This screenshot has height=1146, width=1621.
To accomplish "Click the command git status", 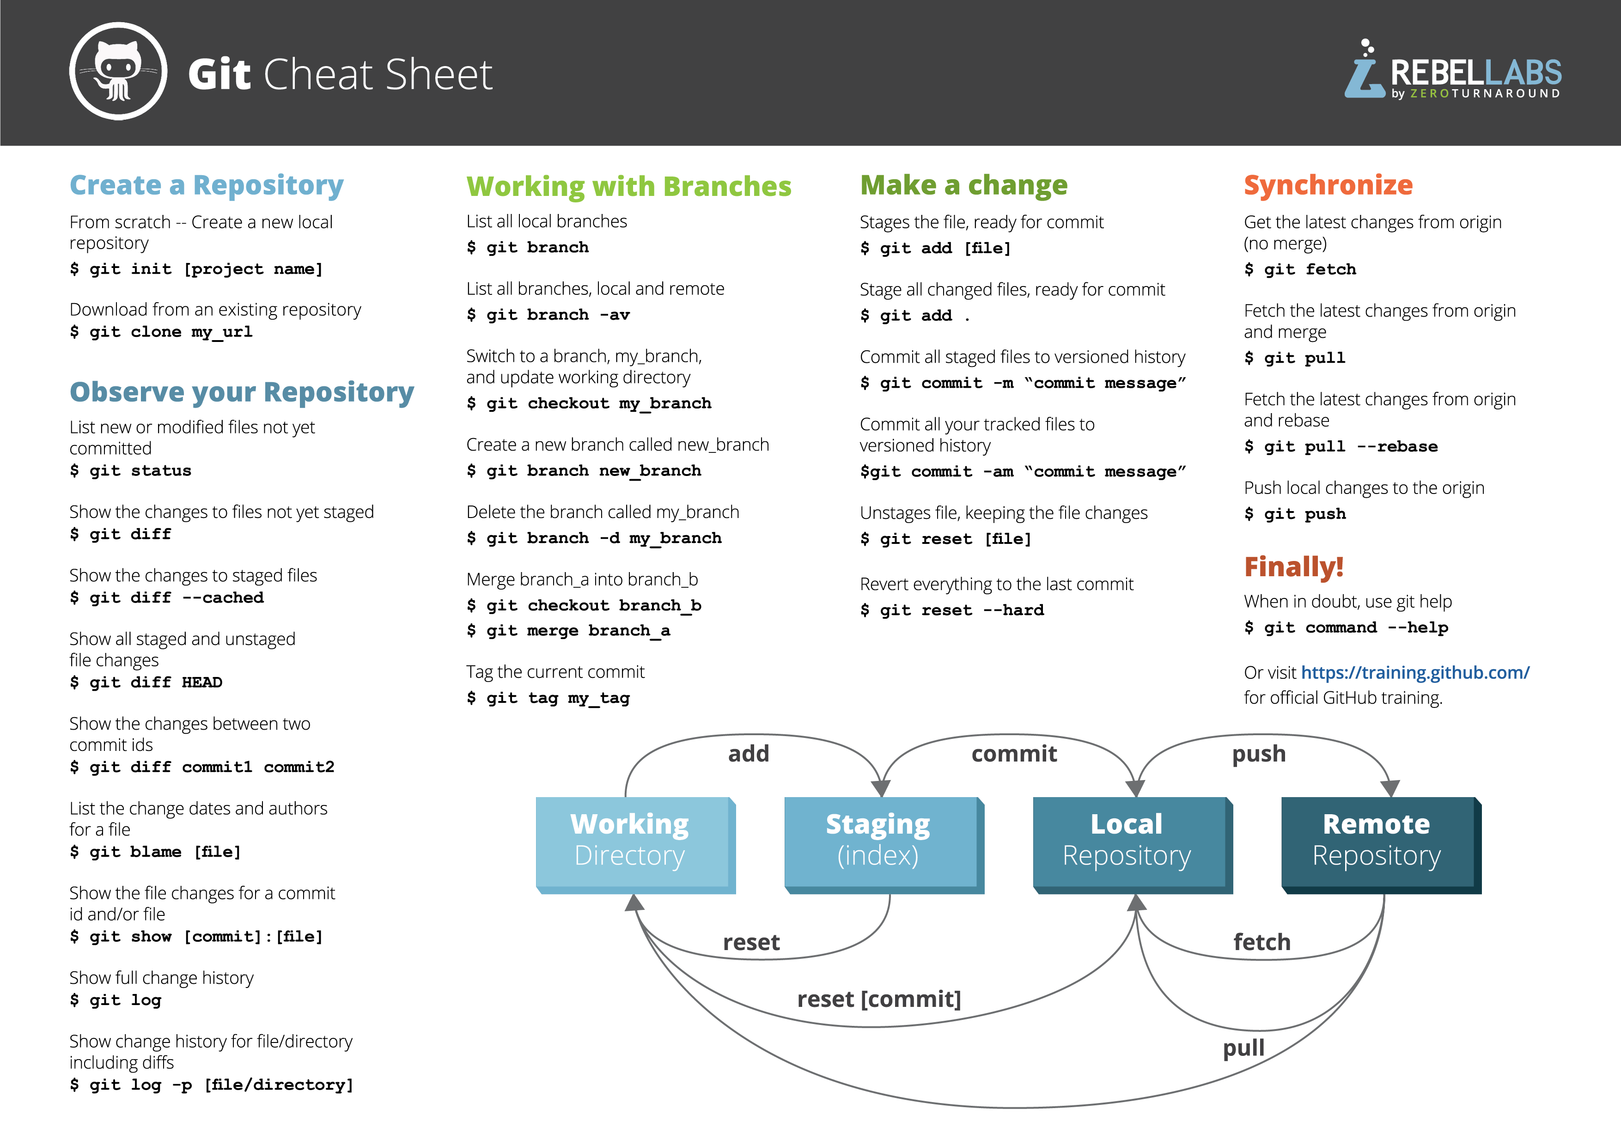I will (131, 471).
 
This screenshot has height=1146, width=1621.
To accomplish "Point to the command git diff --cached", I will (167, 598).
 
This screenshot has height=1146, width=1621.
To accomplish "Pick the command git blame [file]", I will (155, 852).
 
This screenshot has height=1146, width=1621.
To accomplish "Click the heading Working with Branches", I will (628, 186).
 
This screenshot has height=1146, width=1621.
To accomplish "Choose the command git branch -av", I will (548, 315).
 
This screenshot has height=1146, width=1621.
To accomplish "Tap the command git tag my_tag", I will (548, 698).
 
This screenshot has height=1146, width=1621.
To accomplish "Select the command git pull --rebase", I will (1340, 447).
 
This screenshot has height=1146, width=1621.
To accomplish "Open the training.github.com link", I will (1415, 673).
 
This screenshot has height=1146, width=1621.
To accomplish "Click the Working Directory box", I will (630, 841).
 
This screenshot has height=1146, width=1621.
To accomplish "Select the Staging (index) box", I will (878, 841).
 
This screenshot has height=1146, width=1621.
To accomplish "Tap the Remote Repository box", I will (1376, 841).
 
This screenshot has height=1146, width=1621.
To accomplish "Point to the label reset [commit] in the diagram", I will (879, 999).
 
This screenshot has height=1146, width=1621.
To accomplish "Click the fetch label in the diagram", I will (1261, 942).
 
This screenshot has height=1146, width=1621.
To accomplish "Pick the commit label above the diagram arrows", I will (1014, 754).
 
